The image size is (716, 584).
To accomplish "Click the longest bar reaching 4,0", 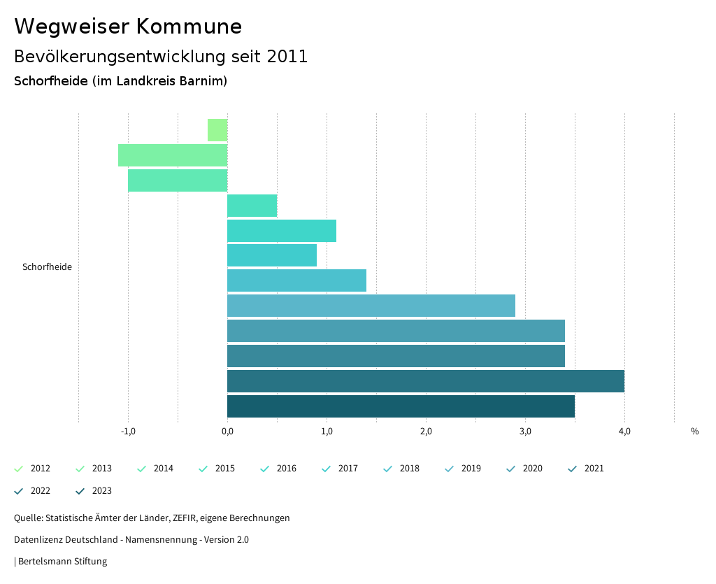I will point(425,381).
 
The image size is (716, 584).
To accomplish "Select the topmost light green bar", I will point(217,130).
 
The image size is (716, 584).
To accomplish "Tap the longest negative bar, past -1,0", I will point(173,155).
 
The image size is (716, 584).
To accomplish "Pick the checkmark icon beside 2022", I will point(19,491).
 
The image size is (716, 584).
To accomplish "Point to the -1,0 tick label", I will point(128,432).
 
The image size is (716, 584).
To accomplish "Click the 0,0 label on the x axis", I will point(227,432).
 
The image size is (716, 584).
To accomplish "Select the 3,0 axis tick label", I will point(525,432).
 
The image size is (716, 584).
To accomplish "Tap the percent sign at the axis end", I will point(694,432).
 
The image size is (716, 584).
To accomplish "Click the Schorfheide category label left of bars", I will point(47,267).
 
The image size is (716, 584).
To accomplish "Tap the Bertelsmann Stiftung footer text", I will point(62,561).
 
